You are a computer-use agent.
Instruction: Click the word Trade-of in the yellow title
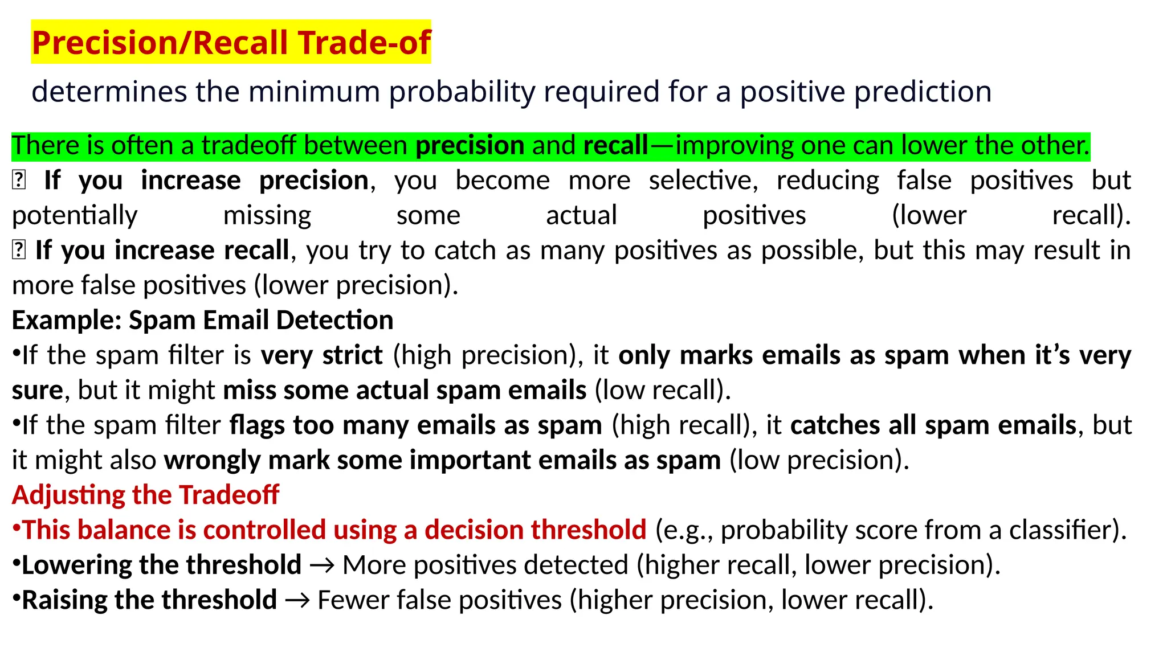364,43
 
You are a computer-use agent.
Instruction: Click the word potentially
75,216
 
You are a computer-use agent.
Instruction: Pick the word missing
267,216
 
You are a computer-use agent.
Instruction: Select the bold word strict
352,355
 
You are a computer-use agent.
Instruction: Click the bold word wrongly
212,460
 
